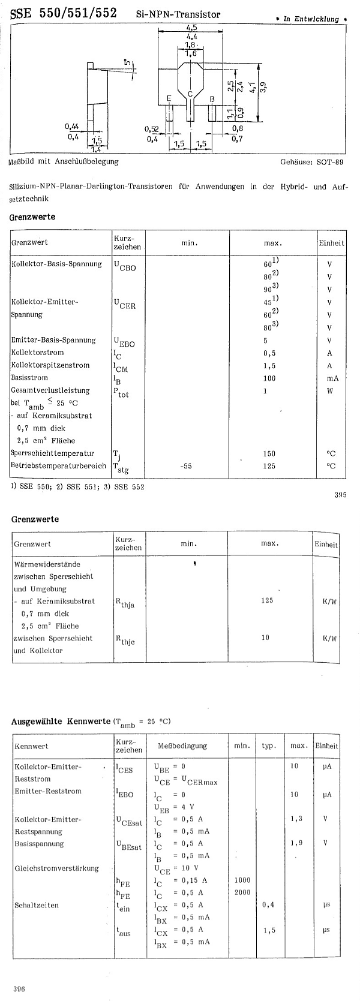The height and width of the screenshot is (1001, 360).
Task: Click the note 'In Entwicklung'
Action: (x=311, y=19)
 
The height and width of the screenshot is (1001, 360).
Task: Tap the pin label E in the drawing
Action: (x=169, y=98)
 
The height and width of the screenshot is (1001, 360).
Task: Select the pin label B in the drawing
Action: (x=212, y=98)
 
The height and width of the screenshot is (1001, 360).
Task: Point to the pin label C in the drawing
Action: (x=190, y=94)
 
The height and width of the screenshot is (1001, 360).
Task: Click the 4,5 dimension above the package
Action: (x=191, y=28)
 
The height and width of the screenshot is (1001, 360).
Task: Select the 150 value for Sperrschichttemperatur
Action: (x=269, y=453)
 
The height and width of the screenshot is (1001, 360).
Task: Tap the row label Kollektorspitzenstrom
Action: (x=50, y=365)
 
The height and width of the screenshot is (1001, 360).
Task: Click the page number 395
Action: (x=341, y=495)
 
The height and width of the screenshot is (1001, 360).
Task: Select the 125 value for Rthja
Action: (x=267, y=600)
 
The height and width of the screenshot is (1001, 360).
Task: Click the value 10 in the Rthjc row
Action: (x=265, y=638)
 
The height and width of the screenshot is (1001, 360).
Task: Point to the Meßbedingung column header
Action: (x=182, y=746)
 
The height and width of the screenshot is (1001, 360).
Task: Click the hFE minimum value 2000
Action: (x=243, y=892)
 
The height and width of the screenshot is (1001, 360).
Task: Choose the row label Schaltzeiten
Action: (x=37, y=905)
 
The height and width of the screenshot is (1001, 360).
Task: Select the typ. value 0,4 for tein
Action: (x=268, y=904)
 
